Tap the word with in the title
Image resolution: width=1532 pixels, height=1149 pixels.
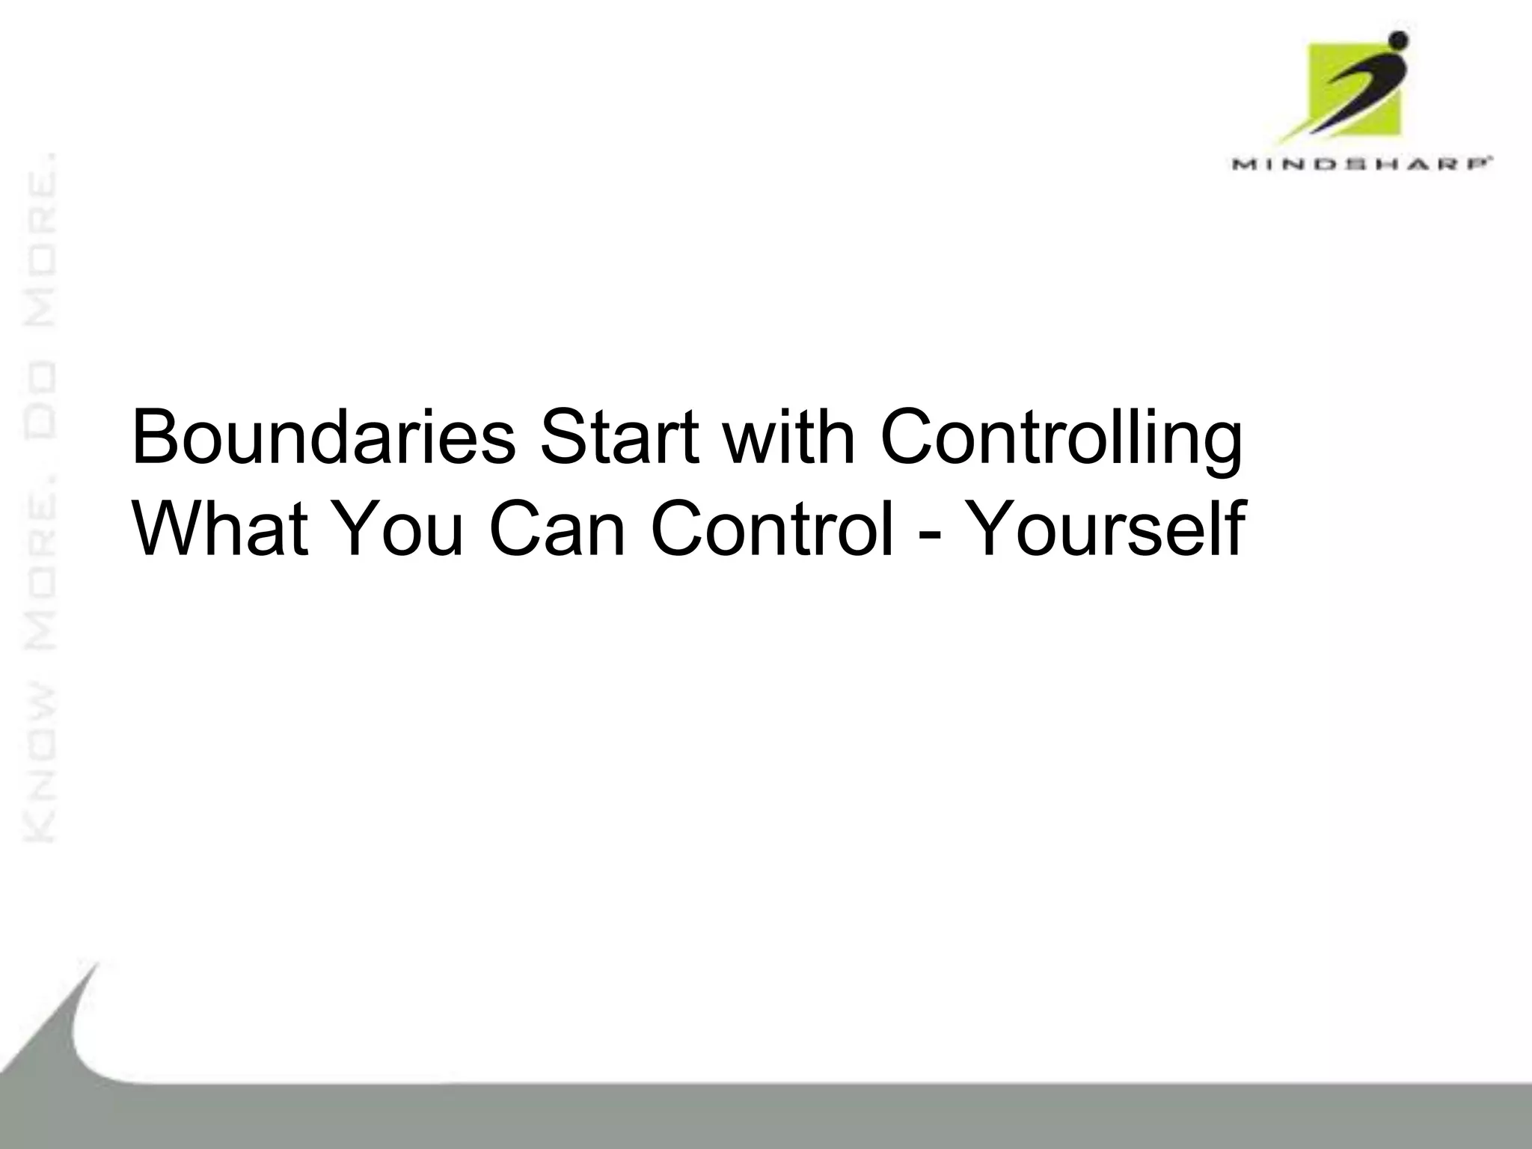click(788, 438)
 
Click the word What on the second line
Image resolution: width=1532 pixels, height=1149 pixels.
click(220, 527)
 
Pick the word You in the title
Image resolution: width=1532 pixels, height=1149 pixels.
click(400, 527)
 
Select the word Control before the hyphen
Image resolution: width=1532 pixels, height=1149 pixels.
click(772, 527)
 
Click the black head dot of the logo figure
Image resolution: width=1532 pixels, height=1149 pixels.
click(1397, 39)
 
